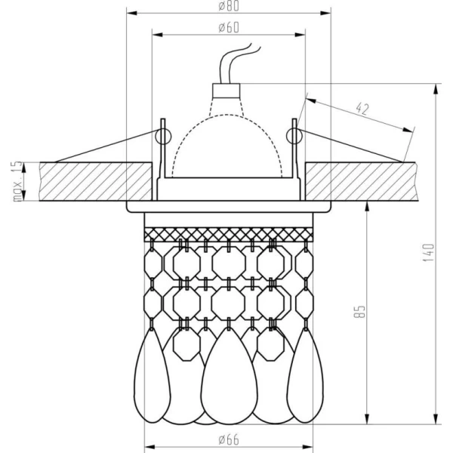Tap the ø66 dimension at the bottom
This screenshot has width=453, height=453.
[228, 439]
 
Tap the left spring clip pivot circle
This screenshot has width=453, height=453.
[160, 135]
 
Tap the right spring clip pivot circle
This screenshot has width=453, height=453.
[294, 135]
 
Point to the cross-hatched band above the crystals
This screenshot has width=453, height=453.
[228, 233]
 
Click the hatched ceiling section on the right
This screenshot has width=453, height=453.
[362, 181]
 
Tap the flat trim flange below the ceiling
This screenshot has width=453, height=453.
[228, 205]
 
